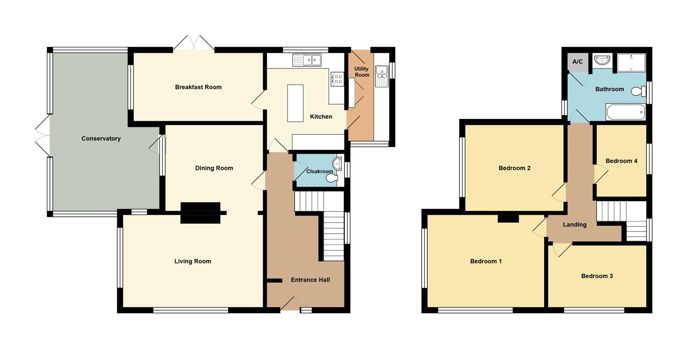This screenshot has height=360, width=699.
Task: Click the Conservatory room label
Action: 101,139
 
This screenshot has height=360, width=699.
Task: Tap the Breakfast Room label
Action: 198,87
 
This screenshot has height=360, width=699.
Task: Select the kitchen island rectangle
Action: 295,103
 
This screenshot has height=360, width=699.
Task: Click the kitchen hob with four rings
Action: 337,79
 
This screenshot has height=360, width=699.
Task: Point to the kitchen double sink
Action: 307,60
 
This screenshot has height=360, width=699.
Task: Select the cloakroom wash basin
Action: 337,163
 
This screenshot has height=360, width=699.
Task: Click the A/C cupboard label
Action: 577,62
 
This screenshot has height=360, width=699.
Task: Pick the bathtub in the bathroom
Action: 625,112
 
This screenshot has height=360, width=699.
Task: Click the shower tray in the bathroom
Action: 631,62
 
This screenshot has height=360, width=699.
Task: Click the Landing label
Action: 574,225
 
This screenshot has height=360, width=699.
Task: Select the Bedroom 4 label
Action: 621,161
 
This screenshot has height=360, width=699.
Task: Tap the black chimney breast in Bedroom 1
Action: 508,218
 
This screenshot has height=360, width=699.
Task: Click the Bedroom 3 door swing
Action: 561,250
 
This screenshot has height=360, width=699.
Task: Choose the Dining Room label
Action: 214,168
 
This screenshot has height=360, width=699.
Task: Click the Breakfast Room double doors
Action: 194,43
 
